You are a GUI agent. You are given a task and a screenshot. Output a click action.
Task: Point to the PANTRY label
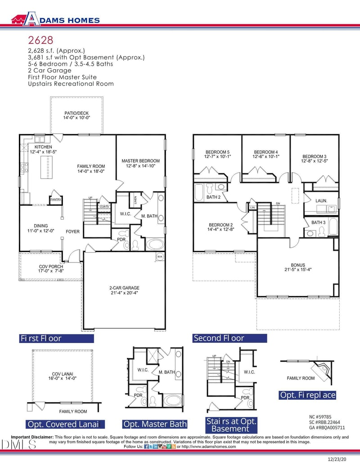[55, 199]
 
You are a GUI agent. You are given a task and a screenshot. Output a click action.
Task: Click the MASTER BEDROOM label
[140, 161]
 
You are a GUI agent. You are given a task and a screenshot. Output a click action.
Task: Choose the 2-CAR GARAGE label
[124, 288]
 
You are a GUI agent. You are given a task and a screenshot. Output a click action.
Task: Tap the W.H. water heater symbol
[160, 257]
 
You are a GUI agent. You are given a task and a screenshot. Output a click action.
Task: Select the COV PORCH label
[51, 267]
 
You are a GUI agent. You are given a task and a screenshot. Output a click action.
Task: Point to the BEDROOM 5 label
[218, 152]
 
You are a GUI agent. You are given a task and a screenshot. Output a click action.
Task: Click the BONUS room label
[298, 265]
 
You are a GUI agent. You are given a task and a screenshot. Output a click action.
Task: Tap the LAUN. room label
[321, 200]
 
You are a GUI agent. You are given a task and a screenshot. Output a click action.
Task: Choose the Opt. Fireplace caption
[308, 395]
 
